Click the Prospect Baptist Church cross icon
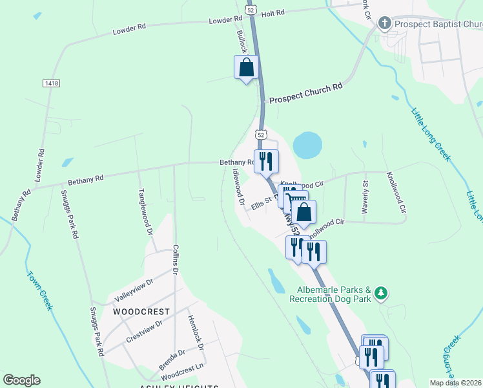click(385, 24)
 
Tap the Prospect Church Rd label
click(305, 94)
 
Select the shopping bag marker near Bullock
click(246, 67)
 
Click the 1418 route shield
click(50, 83)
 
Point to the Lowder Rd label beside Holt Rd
click(225, 21)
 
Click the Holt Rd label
click(273, 12)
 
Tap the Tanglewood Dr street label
click(145, 211)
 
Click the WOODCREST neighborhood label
click(141, 312)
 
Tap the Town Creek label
click(39, 290)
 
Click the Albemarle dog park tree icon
click(382, 294)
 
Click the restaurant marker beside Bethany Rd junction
click(266, 160)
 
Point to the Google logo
click(21, 380)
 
